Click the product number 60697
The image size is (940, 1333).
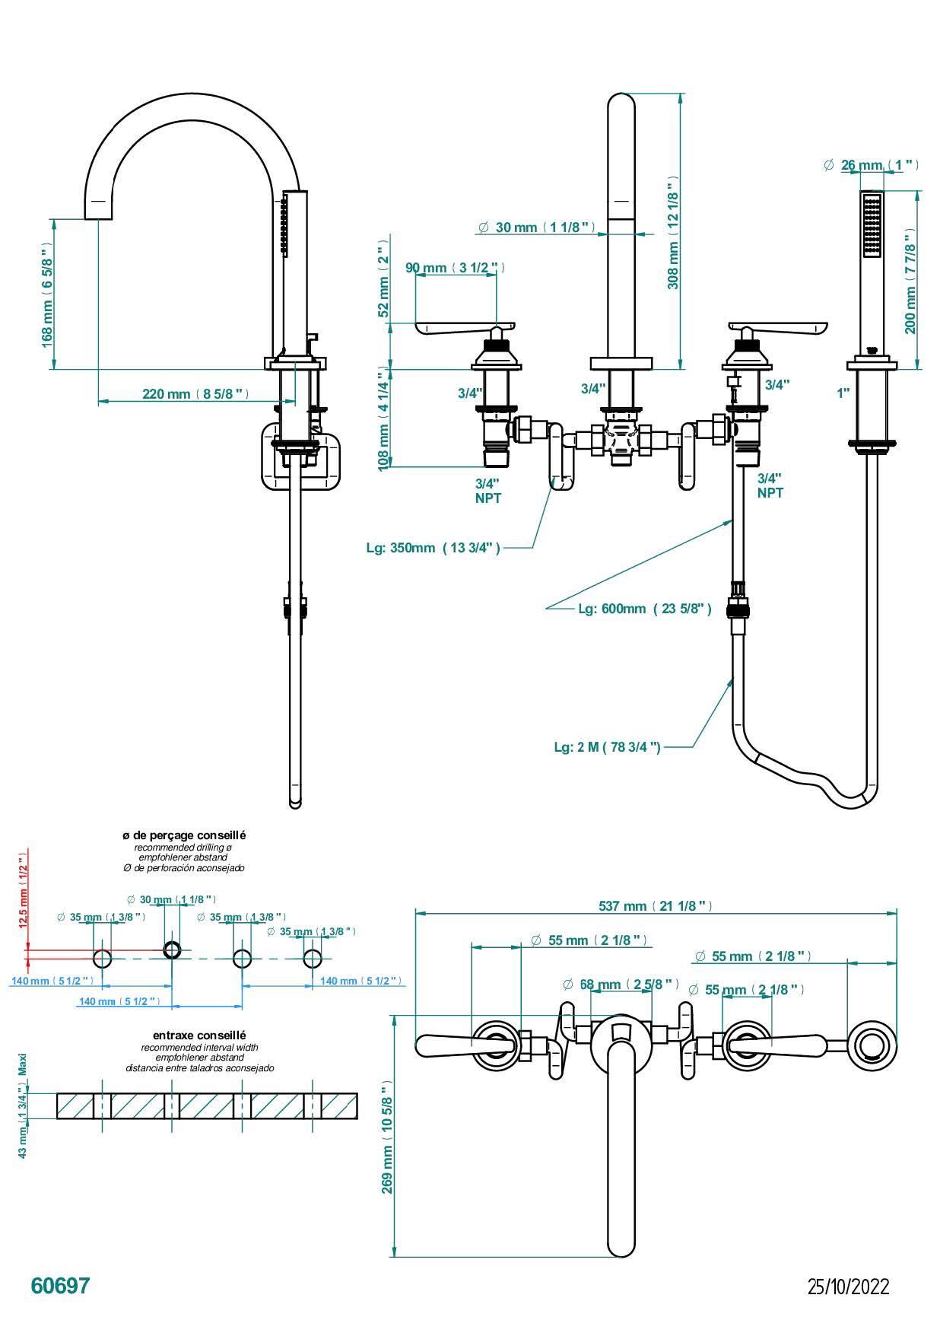point(60,1285)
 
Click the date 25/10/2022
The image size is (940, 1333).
point(848,1287)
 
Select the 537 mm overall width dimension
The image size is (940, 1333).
point(655,905)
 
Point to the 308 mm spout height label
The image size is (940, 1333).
point(673,233)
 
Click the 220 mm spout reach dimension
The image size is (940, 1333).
point(195,393)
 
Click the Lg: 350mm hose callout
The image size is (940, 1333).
point(433,548)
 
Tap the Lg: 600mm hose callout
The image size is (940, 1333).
point(644,609)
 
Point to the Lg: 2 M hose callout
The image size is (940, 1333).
point(607,747)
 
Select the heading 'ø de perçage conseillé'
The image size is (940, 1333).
point(184,835)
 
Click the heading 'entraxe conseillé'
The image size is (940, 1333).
point(199,1036)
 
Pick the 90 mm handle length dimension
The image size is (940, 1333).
point(454,268)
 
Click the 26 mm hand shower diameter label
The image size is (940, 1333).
point(872,165)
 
